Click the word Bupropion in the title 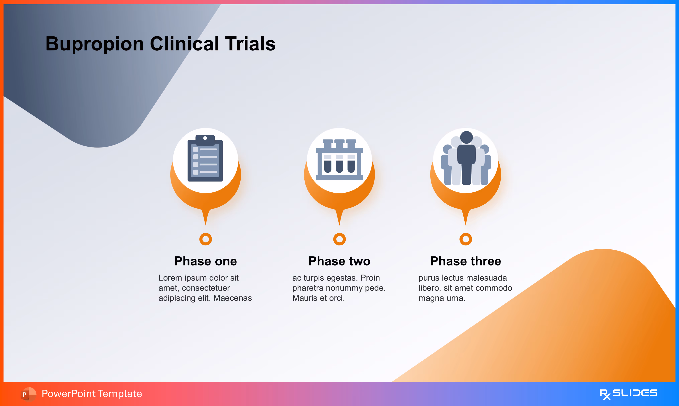(94, 44)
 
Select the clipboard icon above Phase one (205, 159)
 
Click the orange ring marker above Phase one (206, 239)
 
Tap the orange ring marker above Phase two (339, 239)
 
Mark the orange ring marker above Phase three (466, 239)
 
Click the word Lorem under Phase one (170, 278)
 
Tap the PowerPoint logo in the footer (28, 394)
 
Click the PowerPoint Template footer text (92, 394)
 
